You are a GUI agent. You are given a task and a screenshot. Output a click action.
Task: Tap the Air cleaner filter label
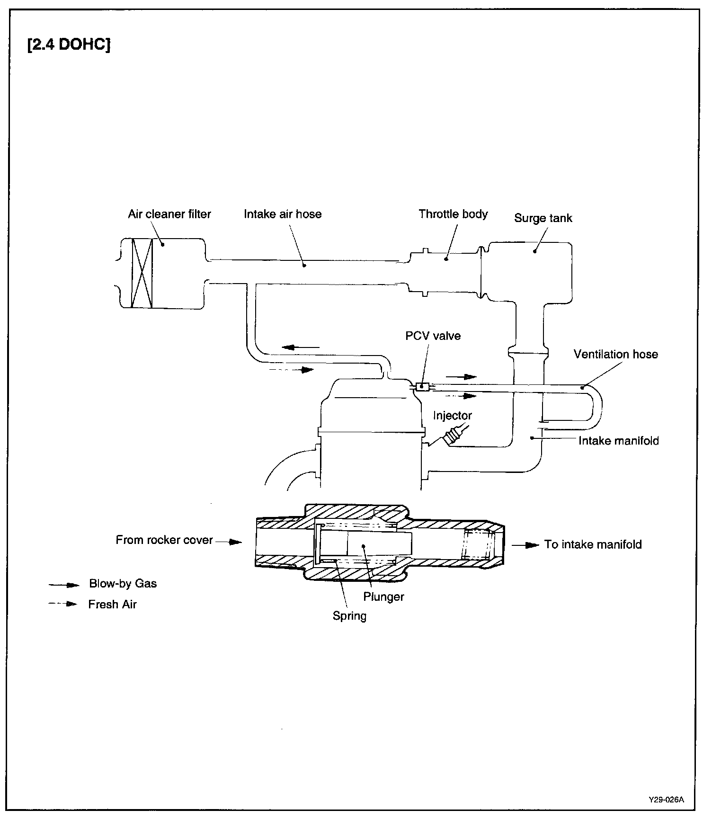[169, 214]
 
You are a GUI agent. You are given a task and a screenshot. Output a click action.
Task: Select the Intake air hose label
[283, 214]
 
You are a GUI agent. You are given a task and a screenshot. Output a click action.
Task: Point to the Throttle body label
[453, 214]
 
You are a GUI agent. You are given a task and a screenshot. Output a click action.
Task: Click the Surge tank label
[543, 218]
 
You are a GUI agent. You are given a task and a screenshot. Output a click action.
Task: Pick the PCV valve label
[433, 336]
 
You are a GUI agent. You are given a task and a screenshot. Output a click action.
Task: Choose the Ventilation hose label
[615, 354]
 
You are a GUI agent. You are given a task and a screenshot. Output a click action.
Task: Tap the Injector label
[452, 416]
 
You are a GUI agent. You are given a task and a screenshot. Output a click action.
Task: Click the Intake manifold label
[618, 441]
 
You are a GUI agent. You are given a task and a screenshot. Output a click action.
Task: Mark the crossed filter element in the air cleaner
[142, 273]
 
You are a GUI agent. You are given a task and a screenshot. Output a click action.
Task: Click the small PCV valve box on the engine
[422, 387]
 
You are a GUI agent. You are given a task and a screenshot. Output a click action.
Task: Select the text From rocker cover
[164, 540]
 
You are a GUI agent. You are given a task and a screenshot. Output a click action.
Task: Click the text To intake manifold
[593, 544]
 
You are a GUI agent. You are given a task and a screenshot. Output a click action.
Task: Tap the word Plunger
[383, 596]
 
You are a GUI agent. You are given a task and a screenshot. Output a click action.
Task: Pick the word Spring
[349, 616]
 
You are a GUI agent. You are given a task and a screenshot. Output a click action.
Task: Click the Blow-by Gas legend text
[123, 583]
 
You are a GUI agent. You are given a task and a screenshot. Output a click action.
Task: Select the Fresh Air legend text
[112, 605]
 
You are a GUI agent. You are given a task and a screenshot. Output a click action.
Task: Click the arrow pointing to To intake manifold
[525, 545]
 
